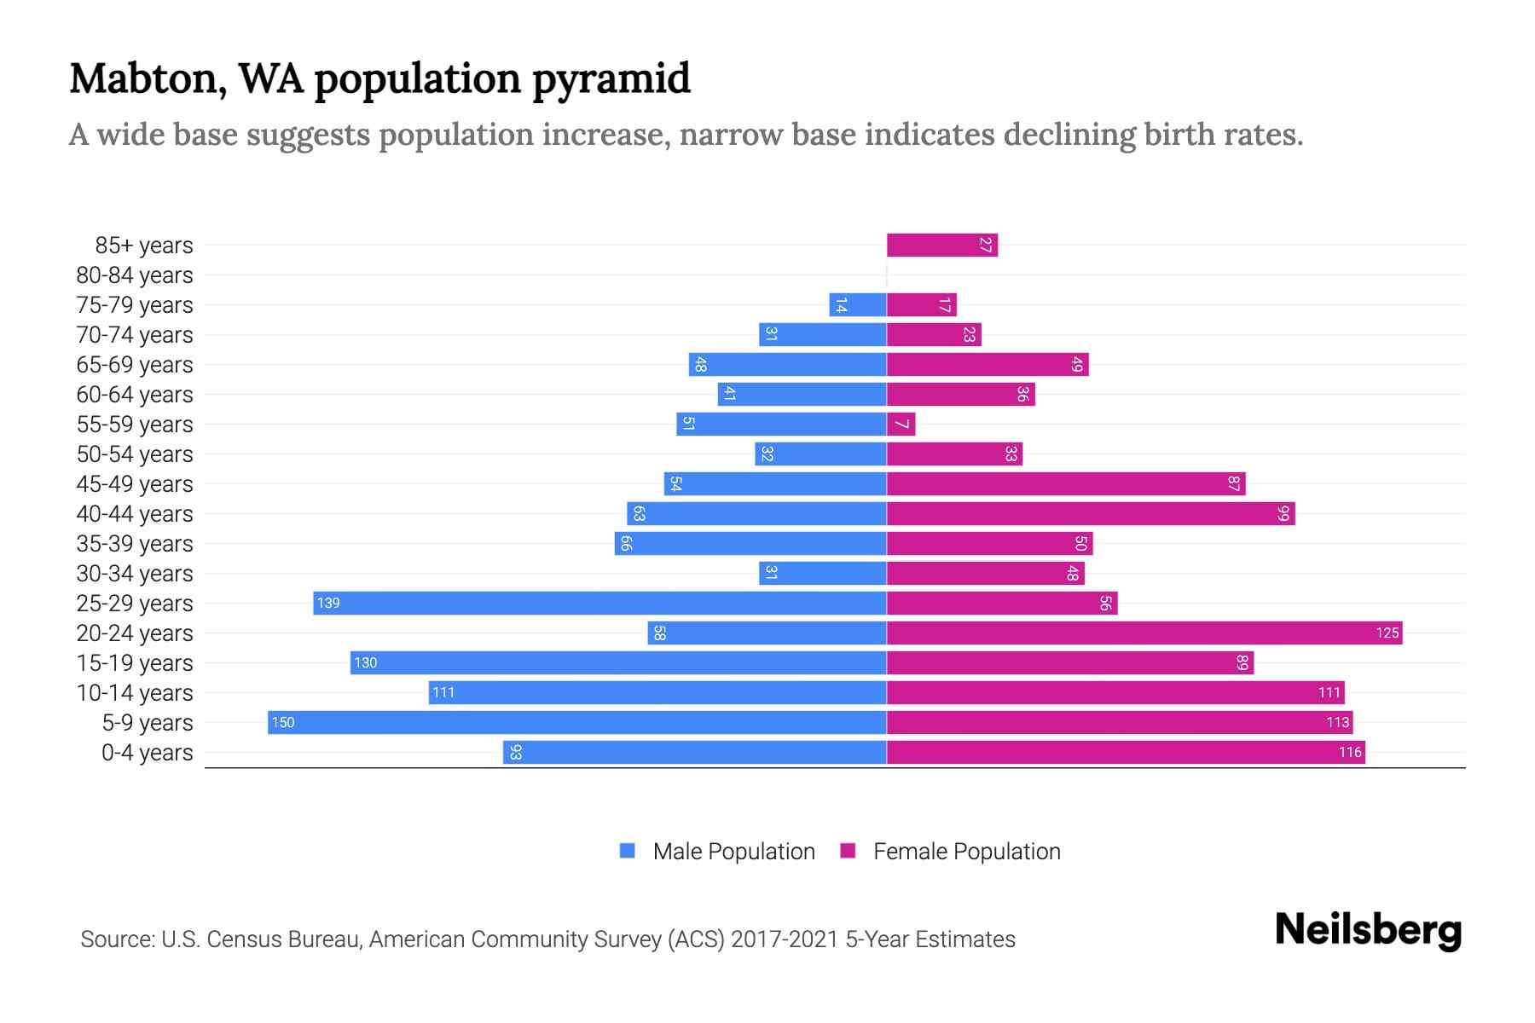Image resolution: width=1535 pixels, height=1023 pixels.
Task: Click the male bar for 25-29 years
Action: (600, 604)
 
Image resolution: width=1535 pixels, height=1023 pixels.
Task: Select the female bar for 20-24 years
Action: (1144, 633)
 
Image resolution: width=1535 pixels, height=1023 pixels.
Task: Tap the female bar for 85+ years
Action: (941, 246)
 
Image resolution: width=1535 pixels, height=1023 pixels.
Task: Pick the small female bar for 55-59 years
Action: (901, 425)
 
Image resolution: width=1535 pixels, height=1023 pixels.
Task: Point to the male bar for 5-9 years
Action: (576, 723)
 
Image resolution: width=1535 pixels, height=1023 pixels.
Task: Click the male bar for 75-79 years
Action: (857, 305)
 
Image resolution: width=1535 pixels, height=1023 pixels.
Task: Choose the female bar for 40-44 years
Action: (1090, 514)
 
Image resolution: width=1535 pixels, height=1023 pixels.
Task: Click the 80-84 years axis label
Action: (135, 275)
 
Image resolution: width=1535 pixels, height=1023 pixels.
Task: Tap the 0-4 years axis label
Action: (147, 753)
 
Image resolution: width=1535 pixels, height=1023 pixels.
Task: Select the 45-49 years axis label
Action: (135, 484)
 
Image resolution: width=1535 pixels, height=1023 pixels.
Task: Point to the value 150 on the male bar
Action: (283, 723)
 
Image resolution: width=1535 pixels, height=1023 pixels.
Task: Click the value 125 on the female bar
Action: (1387, 633)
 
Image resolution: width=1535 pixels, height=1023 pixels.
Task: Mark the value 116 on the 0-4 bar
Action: (1350, 753)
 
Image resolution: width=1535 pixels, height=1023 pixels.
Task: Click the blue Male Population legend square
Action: (628, 851)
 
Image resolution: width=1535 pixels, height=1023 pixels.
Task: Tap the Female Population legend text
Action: (966, 852)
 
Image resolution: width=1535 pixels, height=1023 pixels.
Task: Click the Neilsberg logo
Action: (1368, 930)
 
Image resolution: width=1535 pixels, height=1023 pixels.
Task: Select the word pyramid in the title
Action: (611, 79)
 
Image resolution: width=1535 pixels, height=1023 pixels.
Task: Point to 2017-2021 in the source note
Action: (785, 939)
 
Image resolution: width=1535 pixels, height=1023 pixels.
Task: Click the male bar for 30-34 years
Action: (822, 574)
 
